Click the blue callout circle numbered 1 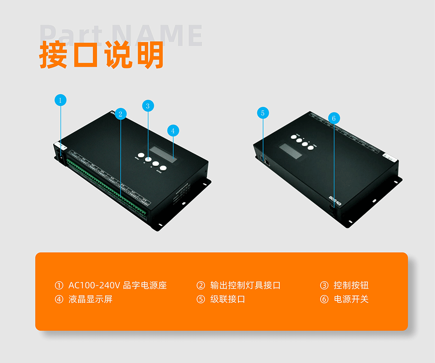pyautogui.click(x=60, y=100)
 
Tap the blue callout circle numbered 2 pyautogui.click(x=120, y=113)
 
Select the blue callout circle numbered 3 pyautogui.click(x=147, y=106)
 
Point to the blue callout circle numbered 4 pyautogui.click(x=173, y=130)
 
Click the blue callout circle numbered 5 pyautogui.click(x=263, y=113)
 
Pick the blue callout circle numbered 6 pyautogui.click(x=333, y=118)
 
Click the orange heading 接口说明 pyautogui.click(x=102, y=56)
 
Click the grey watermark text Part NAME pyautogui.click(x=121, y=35)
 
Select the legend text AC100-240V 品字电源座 pyautogui.click(x=117, y=285)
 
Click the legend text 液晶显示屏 pyautogui.click(x=90, y=300)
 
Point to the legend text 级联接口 pyautogui.click(x=228, y=300)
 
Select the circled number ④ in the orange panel pyautogui.click(x=59, y=300)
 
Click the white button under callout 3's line pyautogui.click(x=148, y=159)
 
